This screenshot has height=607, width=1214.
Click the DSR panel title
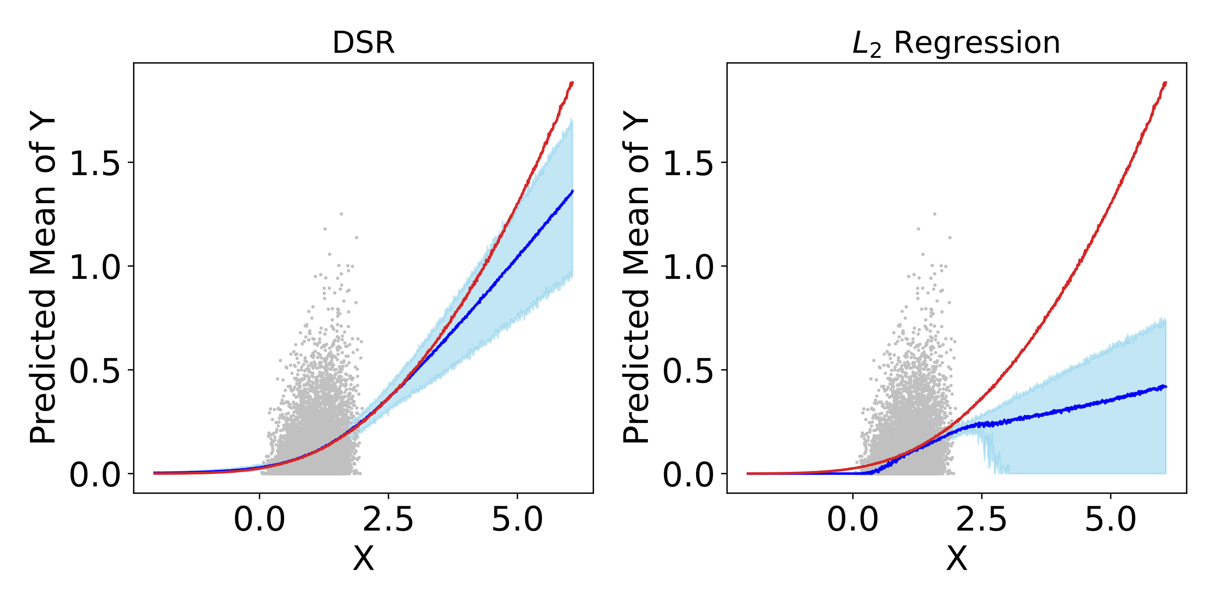point(363,43)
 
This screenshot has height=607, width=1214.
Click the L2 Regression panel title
point(956,43)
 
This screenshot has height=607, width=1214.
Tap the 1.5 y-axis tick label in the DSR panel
point(95,163)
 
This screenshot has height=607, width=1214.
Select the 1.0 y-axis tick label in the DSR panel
point(95,267)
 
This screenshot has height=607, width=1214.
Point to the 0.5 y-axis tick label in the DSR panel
point(95,371)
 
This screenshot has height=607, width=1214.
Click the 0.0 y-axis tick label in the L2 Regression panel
point(688,475)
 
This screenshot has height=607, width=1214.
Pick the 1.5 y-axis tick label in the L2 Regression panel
point(688,163)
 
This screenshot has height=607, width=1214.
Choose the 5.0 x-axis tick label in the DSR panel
point(517,520)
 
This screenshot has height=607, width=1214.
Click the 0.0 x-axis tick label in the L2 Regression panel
point(853,520)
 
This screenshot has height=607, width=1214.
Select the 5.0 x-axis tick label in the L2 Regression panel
point(1111,520)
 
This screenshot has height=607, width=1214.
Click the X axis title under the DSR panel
point(363,559)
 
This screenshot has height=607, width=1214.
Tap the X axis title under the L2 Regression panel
point(956,559)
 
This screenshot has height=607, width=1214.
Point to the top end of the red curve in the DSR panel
point(572,83)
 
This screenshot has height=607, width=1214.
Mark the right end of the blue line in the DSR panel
point(572,191)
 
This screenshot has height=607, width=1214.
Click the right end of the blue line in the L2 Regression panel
point(1165,386)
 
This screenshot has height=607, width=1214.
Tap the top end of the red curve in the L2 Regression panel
point(1165,83)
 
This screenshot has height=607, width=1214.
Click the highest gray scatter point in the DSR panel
point(341,214)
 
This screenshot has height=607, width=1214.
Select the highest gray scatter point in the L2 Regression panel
point(934,214)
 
